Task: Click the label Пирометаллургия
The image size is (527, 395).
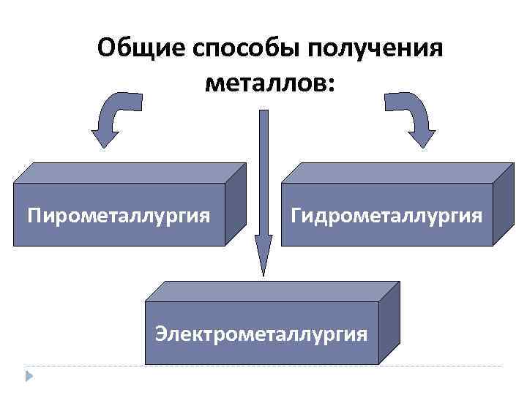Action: [x=119, y=216]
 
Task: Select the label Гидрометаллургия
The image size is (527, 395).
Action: [x=386, y=216]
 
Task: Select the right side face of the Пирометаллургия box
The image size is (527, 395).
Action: [x=235, y=204]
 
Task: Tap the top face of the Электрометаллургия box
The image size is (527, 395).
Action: [x=271, y=290]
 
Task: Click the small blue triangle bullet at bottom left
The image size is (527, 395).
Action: [x=30, y=376]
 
